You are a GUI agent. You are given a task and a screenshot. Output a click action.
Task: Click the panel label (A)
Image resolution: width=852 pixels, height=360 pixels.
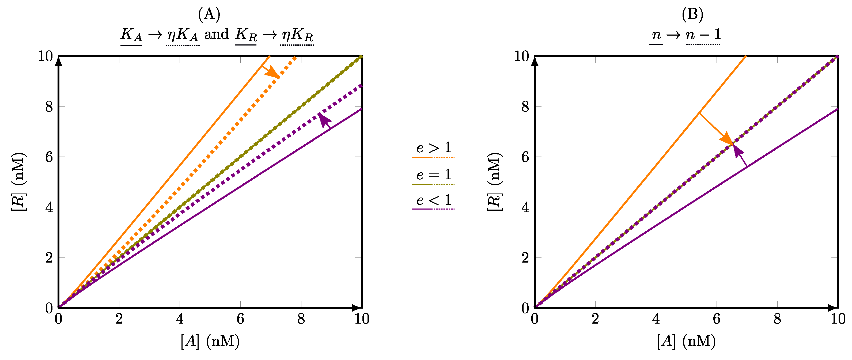coord(209,14)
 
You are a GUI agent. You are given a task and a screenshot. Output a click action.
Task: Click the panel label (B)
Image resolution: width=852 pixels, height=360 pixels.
coord(692,14)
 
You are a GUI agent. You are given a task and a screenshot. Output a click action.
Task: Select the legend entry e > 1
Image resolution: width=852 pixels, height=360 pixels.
coord(434,148)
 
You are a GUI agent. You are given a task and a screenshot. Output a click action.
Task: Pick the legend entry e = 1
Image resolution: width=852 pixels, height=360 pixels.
coord(434,175)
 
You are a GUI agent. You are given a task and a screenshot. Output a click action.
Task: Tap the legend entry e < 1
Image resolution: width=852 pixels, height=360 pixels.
coord(434,200)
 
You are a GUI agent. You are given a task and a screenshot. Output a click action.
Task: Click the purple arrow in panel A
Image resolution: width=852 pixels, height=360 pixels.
coord(325,120)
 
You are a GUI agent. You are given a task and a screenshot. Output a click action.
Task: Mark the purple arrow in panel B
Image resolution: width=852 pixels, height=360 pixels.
coord(740,155)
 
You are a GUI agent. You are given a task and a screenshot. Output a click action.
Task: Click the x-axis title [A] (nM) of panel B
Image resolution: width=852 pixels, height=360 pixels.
coord(686,341)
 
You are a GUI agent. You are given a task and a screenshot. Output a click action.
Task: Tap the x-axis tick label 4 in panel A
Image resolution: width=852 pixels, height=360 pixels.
coord(180,319)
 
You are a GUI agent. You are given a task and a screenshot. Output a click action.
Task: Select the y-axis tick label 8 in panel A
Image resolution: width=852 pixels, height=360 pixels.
coord(49,107)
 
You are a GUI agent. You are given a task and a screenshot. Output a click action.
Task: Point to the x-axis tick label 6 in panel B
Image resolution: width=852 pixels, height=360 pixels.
coord(716,319)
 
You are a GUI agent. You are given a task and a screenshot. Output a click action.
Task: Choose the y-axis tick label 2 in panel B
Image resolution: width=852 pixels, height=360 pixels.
coord(525,257)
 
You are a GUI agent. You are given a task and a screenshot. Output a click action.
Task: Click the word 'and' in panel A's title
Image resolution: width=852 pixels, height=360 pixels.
coord(217,34)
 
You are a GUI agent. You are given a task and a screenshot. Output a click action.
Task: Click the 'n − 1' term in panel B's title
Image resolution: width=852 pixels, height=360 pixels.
coord(703,34)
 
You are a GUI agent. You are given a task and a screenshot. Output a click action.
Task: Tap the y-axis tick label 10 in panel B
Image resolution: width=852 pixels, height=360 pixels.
coord(522,56)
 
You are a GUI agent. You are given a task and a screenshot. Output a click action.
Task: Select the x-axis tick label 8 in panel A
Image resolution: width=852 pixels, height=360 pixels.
coord(301,319)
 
